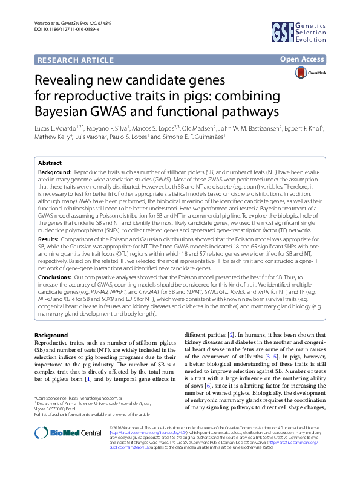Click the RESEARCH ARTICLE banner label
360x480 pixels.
[75, 60]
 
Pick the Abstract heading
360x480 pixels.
[50, 163]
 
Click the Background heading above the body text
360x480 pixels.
[51, 336]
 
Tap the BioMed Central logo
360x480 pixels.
[68, 449]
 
